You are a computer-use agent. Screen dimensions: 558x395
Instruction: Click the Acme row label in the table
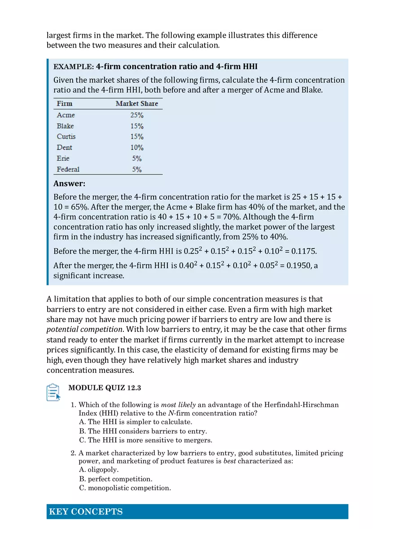pos(66,115)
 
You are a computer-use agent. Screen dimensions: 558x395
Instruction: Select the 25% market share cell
pos(137,115)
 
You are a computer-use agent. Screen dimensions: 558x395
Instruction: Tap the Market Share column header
pos(137,104)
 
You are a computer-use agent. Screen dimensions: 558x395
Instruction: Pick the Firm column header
pos(64,104)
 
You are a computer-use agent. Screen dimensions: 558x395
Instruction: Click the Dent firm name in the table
pos(64,148)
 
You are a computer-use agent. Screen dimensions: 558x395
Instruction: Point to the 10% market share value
pos(137,148)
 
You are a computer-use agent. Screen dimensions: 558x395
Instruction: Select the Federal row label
pos(68,169)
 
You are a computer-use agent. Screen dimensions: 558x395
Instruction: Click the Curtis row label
pos(66,137)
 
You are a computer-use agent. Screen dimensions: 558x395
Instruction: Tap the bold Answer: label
pos(69,183)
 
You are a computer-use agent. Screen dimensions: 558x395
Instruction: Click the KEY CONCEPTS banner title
pos(86,512)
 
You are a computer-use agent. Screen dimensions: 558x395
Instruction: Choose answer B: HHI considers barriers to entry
pos(143,431)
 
